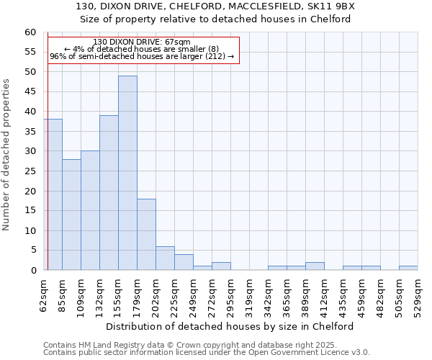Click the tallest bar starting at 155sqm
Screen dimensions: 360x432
127,173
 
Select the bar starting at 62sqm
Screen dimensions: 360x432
53,194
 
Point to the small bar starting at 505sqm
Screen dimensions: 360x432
408,268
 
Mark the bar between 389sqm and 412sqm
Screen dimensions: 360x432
315,266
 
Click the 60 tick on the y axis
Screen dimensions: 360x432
30,32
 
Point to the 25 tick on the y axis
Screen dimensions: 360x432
30,171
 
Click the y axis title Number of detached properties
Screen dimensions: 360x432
8,155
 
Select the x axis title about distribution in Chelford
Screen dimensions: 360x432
235,326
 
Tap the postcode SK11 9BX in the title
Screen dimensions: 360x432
333,6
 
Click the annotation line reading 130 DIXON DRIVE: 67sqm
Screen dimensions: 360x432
142,42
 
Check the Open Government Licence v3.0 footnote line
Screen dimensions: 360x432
206,353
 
